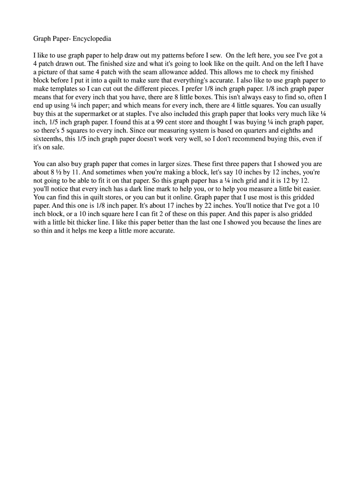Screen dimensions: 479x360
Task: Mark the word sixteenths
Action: (x=50, y=140)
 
